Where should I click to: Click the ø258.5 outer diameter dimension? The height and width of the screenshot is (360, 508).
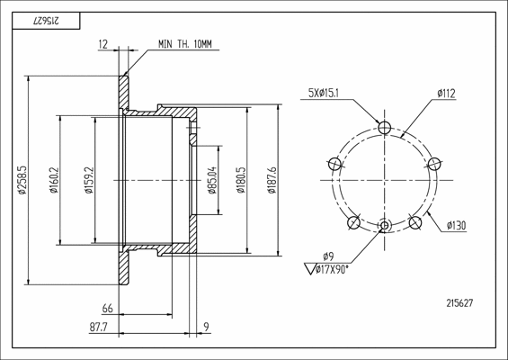(x=22, y=180)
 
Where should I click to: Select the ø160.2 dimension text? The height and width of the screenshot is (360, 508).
(x=54, y=180)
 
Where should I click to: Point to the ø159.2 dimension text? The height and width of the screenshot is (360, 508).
(x=89, y=180)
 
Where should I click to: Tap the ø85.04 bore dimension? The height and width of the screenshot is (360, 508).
(x=212, y=180)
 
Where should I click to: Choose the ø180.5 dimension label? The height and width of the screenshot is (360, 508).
(x=241, y=180)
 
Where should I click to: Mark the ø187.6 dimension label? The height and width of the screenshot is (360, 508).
(x=272, y=180)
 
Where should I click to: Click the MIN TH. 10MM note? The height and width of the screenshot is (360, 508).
(x=185, y=44)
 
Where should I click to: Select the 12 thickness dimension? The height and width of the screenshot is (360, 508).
(x=103, y=44)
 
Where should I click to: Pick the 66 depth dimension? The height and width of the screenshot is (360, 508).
(x=108, y=308)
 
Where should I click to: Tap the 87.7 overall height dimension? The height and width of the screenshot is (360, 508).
(x=99, y=328)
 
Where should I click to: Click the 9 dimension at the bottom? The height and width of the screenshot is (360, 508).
(x=207, y=327)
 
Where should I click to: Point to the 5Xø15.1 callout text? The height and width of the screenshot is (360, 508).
(x=324, y=94)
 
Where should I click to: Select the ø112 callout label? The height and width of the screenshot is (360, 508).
(x=446, y=94)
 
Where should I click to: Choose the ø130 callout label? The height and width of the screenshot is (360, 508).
(x=456, y=225)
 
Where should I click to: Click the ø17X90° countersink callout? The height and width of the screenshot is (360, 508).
(x=327, y=269)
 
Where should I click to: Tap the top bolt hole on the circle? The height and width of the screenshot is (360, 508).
(x=385, y=127)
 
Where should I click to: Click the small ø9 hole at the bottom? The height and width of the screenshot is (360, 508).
(x=385, y=225)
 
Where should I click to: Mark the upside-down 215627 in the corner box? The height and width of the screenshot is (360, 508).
(x=46, y=21)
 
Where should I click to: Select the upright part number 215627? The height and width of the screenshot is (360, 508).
(x=459, y=303)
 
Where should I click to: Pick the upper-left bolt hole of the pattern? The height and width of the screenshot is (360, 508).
(x=335, y=164)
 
